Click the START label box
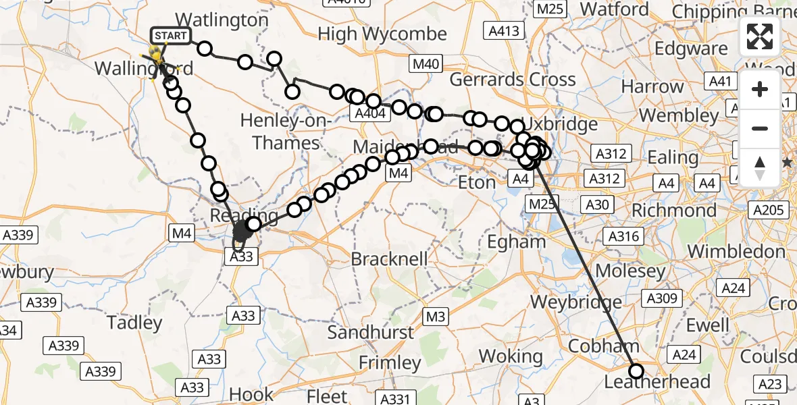pyautogui.click(x=170, y=35)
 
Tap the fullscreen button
pyautogui.click(x=760, y=36)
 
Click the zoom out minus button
pyautogui.click(x=760, y=128)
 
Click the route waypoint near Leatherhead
pyautogui.click(x=636, y=371)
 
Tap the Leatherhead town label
pyautogui.click(x=657, y=382)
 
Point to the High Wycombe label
pyautogui.click(x=382, y=34)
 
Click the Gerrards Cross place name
pyautogui.click(x=513, y=80)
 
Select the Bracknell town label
pyautogui.click(x=389, y=259)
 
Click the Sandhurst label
pyautogui.click(x=371, y=332)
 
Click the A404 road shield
pyautogui.click(x=369, y=113)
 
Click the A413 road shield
pyautogui.click(x=503, y=30)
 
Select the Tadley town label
pyautogui.click(x=135, y=323)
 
